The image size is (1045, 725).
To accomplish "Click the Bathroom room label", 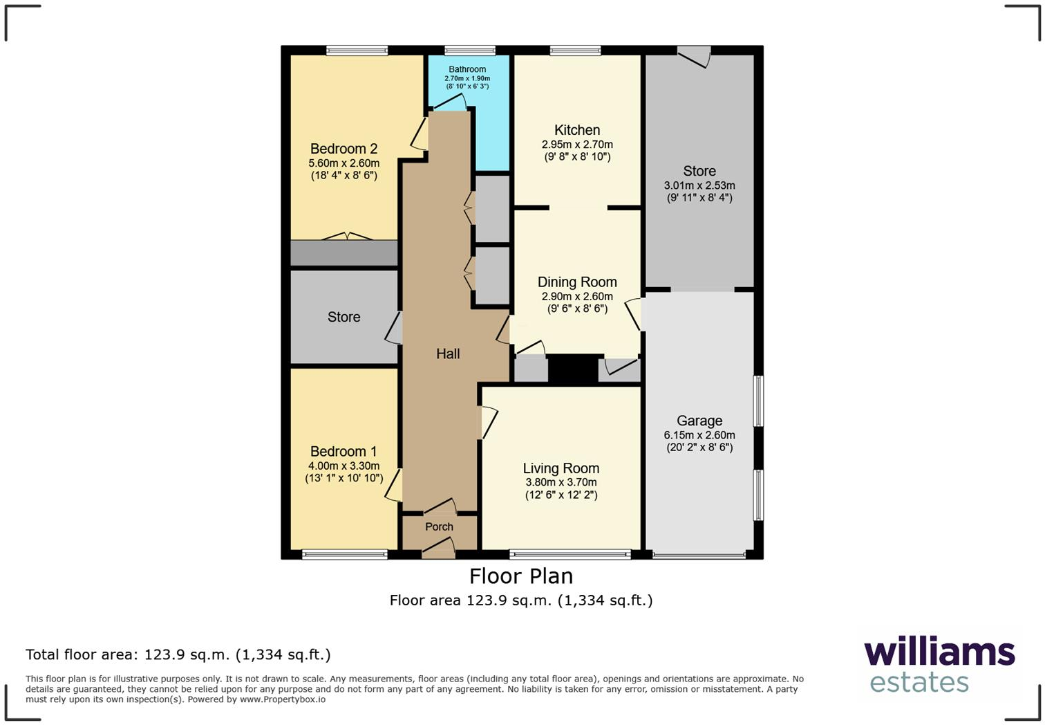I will pos(467,69).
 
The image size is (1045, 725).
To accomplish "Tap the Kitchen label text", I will pos(577,130).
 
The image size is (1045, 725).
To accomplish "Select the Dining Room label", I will pos(577,282).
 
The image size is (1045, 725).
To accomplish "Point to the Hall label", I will pos(448,354).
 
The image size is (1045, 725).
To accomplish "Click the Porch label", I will pos(439,526).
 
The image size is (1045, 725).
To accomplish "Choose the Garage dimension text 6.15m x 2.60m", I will pos(699,435).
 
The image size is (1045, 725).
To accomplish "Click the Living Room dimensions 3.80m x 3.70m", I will pos(561,482).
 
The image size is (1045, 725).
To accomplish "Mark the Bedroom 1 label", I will pos(343,451).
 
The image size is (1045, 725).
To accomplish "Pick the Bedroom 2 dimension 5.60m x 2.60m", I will pos(343,163).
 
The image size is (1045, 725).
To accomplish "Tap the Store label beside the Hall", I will pos(343,317).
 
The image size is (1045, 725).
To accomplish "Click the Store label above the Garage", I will pos(699,171).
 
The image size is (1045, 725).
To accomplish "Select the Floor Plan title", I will pos(521,576).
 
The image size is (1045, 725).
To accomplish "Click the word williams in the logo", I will pos(939,652).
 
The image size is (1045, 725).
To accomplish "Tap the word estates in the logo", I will pos(919,682).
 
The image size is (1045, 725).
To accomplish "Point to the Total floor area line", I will pos(178,654).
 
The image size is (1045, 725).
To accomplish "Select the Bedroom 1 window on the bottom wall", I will pos(345,554).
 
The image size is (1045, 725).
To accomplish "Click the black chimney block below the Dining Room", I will pos(573,369).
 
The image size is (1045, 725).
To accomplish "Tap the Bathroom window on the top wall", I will pos(469,50).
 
